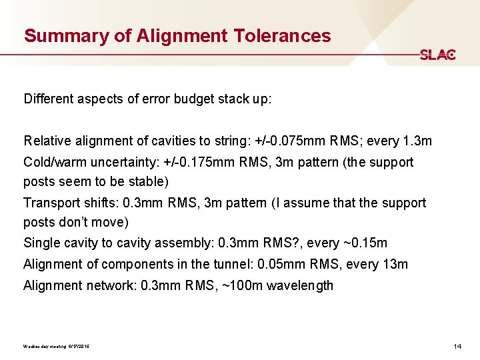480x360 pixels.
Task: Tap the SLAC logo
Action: coord(437,55)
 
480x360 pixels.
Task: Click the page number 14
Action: coord(457,347)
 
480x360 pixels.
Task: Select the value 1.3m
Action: coord(417,141)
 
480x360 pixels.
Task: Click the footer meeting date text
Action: coord(57,347)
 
